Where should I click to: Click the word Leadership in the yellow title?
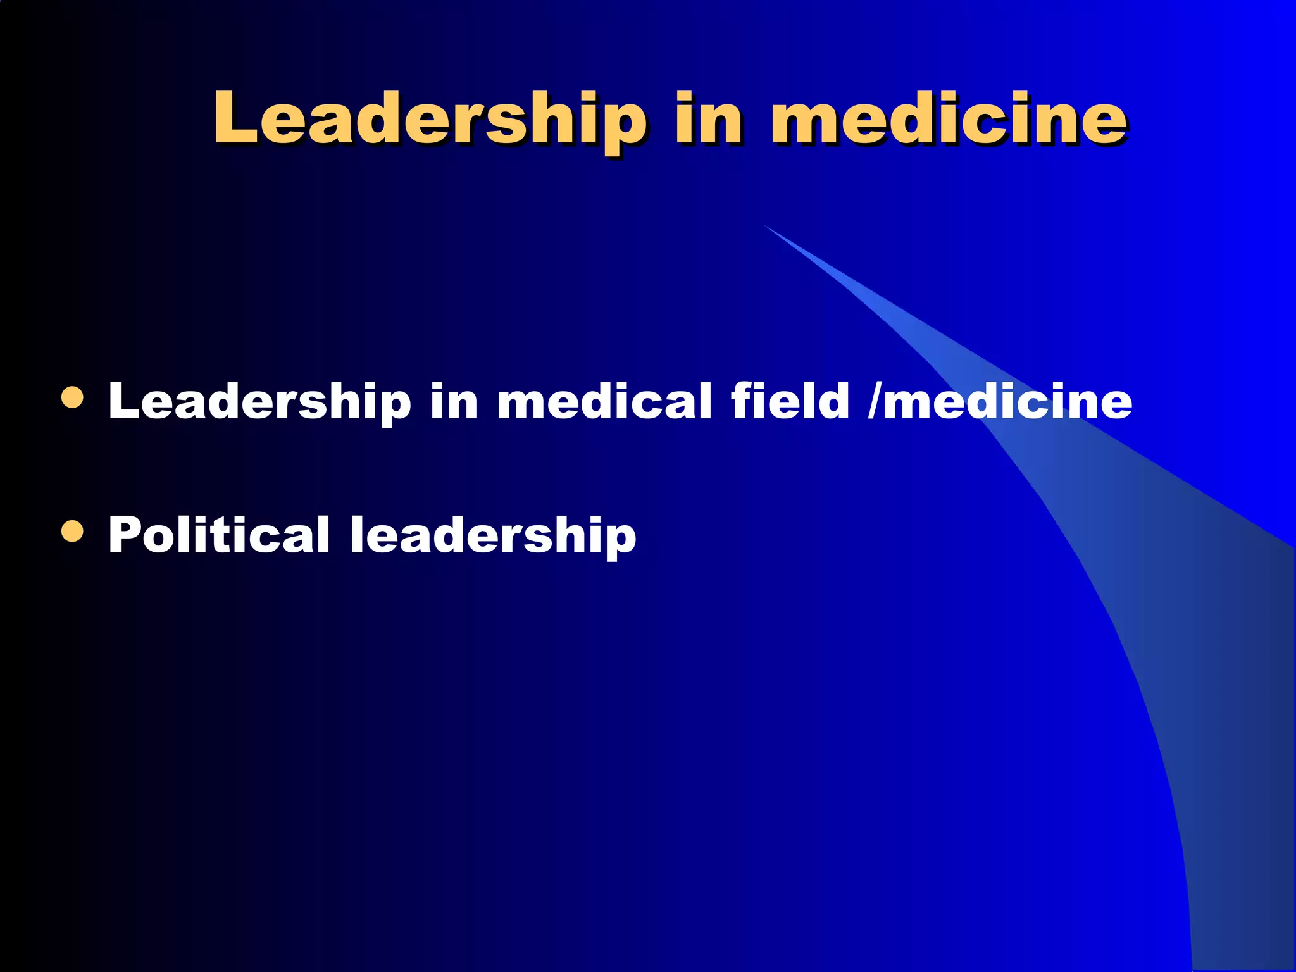coord(430,119)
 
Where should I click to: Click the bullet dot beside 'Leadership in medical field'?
coord(73,397)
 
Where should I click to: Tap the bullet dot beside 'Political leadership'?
coord(73,532)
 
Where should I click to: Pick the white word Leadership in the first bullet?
coord(259,401)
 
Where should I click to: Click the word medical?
coord(604,401)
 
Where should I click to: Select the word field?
coord(790,401)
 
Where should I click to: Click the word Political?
coord(219,535)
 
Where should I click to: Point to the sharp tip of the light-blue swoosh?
coord(766,226)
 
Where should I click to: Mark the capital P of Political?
coord(123,535)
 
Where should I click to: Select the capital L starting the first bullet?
coord(122,401)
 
